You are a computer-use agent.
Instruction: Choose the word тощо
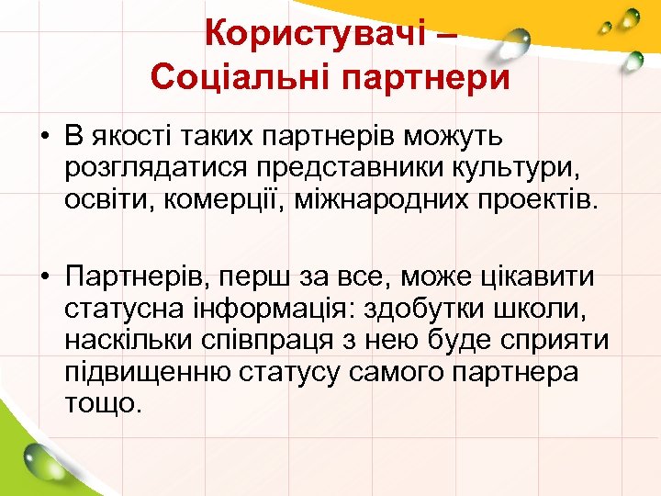(103, 404)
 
